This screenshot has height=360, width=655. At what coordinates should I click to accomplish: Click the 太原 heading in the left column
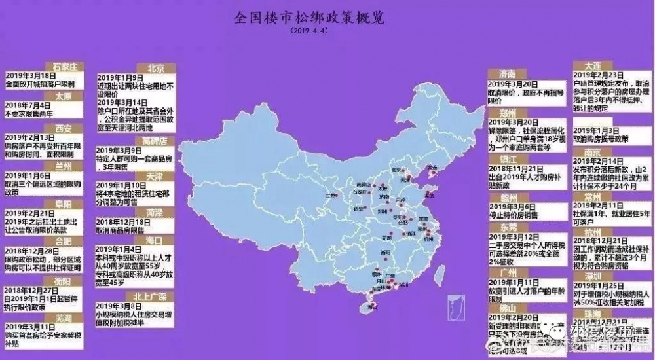(x=64, y=96)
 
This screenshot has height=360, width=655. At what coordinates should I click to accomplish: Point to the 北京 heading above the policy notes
(x=155, y=67)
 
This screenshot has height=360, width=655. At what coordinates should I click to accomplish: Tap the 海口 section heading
(x=155, y=240)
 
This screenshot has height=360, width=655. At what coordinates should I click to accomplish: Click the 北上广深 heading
(x=155, y=296)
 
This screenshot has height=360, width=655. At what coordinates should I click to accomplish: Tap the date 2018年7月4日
(x=29, y=105)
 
